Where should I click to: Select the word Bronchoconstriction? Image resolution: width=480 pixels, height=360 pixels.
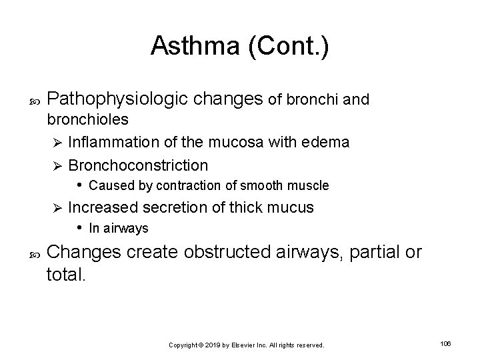[138, 164]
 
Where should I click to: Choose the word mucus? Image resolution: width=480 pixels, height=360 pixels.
[291, 207]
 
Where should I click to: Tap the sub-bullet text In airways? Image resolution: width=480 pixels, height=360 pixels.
[118, 228]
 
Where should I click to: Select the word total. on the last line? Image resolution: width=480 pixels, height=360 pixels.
[67, 273]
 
